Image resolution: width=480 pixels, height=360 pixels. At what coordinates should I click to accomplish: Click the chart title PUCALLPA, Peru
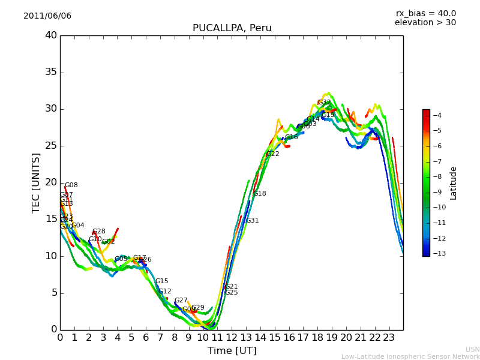[232, 28]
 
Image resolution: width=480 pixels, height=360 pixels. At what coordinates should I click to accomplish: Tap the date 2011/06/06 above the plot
[47, 16]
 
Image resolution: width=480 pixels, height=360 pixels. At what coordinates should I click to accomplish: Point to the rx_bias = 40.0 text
[425, 13]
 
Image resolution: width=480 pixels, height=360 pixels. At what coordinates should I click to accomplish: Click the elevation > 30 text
[425, 23]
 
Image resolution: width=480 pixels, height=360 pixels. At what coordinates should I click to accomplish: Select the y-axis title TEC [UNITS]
[37, 182]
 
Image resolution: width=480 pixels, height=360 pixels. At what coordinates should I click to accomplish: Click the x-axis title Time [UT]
[232, 351]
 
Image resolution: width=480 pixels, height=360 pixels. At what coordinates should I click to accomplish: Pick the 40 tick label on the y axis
[51, 35]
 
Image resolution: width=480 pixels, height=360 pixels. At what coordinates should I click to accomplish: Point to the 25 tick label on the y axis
[51, 146]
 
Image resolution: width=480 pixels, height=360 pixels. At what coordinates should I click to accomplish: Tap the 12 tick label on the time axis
[232, 337]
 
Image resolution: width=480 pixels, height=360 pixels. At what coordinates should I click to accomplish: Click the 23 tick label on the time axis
[389, 337]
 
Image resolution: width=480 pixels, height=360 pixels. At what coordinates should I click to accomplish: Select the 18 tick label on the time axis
[317, 337]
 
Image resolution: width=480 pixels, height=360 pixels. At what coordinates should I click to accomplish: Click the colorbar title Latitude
[454, 182]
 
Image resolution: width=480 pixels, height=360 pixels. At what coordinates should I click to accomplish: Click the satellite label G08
[71, 185]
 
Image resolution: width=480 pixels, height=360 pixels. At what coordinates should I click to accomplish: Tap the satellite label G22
[273, 154]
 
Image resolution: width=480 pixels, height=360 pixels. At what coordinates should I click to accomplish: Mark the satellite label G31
[253, 221]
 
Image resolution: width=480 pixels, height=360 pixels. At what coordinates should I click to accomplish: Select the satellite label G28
[99, 232]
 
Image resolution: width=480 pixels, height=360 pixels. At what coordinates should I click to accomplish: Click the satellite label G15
[162, 281]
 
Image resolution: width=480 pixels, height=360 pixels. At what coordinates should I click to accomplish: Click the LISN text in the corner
[472, 349]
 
